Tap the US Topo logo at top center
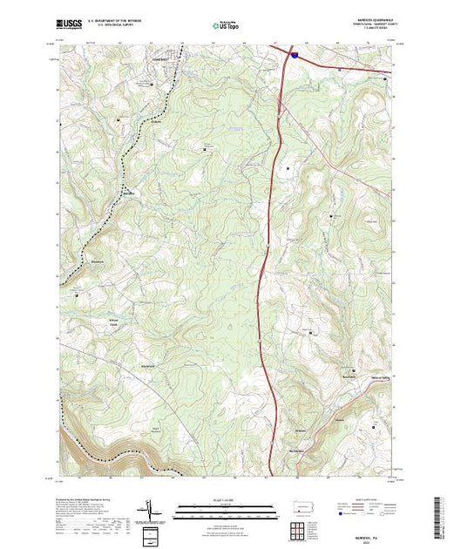coord(225,26)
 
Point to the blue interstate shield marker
coord(294,55)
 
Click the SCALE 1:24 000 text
coord(227,504)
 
